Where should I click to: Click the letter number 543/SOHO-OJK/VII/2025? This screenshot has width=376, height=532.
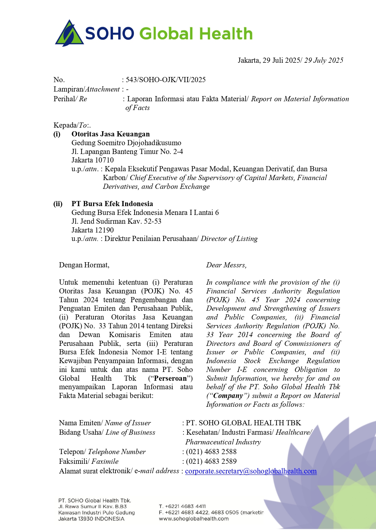point(165,80)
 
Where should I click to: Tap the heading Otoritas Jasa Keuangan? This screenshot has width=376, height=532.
point(111,134)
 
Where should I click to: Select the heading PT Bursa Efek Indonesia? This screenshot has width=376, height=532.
point(112,204)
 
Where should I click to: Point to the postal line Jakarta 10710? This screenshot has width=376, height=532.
point(93,160)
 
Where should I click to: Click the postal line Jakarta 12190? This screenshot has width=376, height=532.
point(93,230)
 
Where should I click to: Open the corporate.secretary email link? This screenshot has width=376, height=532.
point(251,471)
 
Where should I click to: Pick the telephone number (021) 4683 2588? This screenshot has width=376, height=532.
point(211,452)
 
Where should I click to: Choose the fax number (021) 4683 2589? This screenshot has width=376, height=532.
point(211,461)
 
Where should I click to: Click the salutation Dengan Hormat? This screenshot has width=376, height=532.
point(84,265)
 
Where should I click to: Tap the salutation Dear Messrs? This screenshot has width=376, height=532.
point(226,265)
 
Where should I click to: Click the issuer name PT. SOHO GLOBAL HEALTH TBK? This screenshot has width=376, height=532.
point(244,423)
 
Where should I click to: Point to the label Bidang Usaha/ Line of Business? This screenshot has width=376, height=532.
point(107,433)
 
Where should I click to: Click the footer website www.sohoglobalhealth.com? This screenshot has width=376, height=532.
point(194,519)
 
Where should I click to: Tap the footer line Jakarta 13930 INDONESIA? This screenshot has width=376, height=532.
point(92,519)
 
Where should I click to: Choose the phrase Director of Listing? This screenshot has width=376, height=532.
point(229,239)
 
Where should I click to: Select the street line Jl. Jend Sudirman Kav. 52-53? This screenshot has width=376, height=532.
point(116,221)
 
